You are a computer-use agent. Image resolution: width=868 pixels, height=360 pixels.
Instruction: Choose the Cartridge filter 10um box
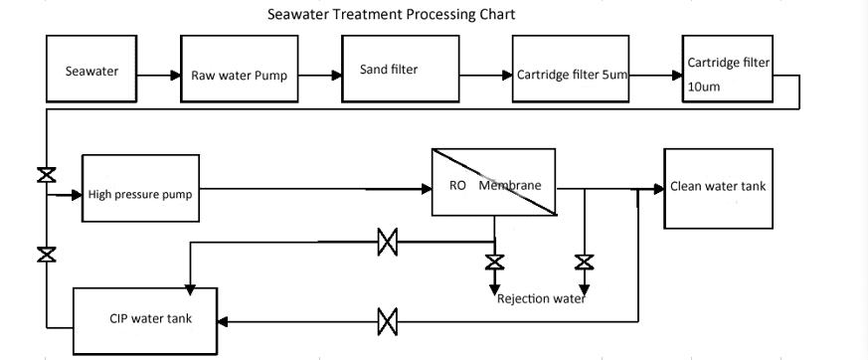[x=729, y=70]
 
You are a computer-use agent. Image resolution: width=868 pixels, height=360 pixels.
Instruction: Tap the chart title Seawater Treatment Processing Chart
[x=392, y=15]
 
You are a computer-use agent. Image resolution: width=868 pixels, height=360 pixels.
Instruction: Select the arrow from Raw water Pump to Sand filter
[x=320, y=74]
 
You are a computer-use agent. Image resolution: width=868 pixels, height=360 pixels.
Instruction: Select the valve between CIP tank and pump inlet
[x=46, y=255]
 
